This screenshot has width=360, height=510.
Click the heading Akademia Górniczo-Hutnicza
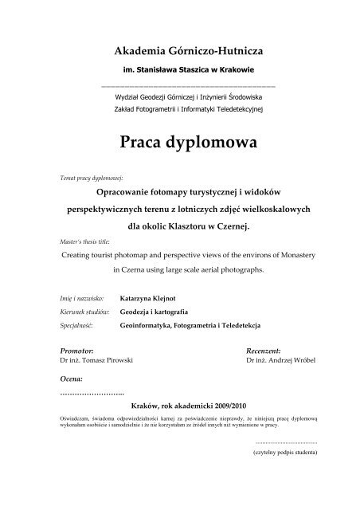180,50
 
